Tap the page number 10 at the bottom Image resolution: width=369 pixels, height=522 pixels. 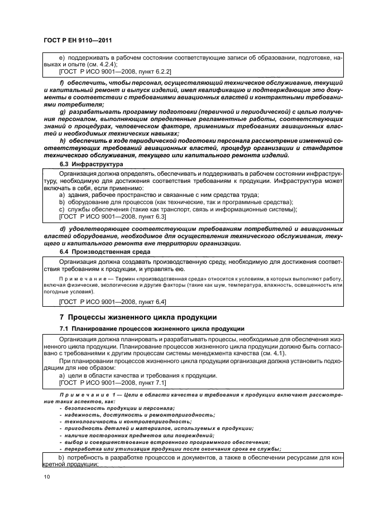(x=46, y=477)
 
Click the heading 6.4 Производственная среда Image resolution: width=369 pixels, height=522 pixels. (x=104, y=252)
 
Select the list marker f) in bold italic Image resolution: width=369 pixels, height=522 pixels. (x=63, y=83)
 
